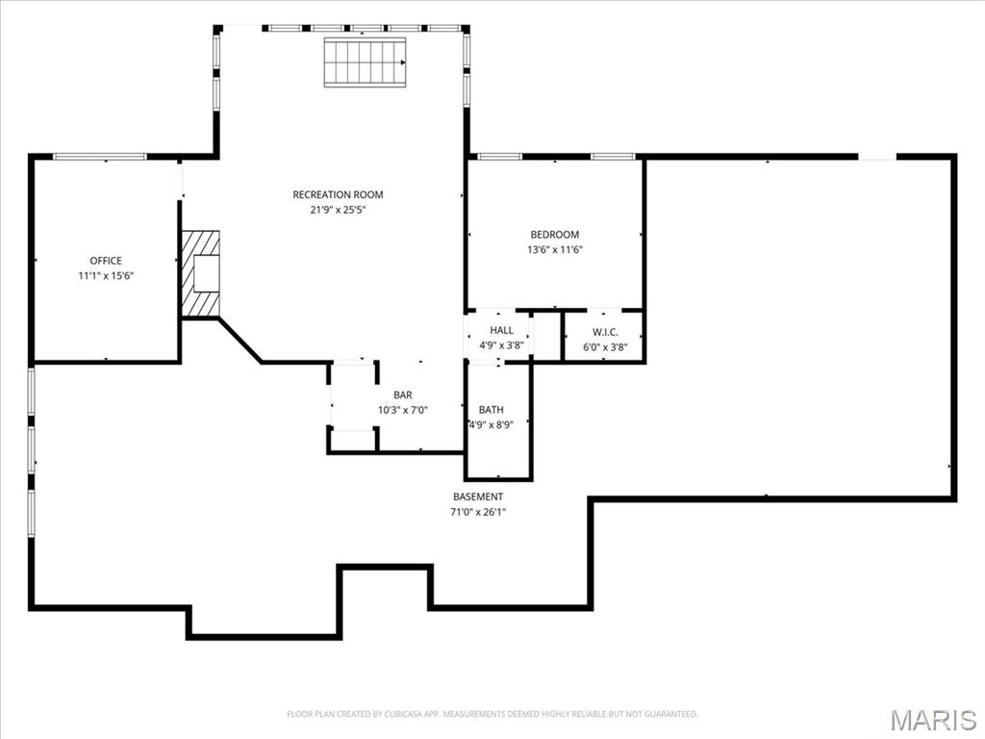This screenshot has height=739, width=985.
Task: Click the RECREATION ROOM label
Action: click(x=338, y=194)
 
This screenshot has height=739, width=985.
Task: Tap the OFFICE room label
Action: click(x=106, y=261)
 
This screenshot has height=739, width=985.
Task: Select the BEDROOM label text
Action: click(x=555, y=235)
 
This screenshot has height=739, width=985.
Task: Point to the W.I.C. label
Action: click(x=605, y=332)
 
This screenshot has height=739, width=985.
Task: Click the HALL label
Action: click(x=501, y=330)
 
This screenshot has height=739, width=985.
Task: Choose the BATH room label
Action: click(x=492, y=410)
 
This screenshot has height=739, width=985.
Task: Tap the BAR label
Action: click(x=403, y=395)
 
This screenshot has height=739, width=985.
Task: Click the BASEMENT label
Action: click(x=478, y=497)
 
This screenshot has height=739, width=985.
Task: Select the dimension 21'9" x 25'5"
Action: click(x=338, y=210)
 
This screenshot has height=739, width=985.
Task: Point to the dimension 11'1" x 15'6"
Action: click(x=106, y=276)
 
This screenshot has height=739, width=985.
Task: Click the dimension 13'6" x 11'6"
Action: click(x=555, y=249)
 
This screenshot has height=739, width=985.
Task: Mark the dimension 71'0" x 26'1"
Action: click(x=478, y=512)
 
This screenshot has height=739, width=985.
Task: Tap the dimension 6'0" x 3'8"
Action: click(x=605, y=346)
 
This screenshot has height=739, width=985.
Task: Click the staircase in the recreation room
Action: click(x=365, y=63)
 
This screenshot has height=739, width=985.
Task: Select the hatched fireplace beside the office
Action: click(x=200, y=273)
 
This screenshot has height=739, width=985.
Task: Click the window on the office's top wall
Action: click(x=99, y=157)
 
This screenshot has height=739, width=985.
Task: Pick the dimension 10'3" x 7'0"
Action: click(x=403, y=410)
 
